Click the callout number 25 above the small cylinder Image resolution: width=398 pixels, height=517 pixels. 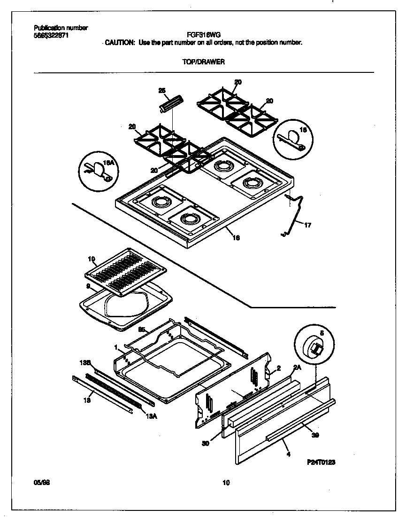[x=162, y=91]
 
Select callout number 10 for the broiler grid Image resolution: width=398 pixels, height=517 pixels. [x=92, y=259]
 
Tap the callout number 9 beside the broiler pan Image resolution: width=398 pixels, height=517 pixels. [x=88, y=285]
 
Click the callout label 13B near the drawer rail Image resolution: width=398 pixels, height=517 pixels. [x=85, y=363]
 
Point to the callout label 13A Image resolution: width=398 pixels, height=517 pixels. [x=151, y=415]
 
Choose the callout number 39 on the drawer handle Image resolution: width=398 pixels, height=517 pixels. [x=315, y=435]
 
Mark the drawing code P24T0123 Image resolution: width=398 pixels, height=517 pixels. [x=321, y=462]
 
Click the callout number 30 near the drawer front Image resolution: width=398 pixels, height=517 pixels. [x=206, y=442]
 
